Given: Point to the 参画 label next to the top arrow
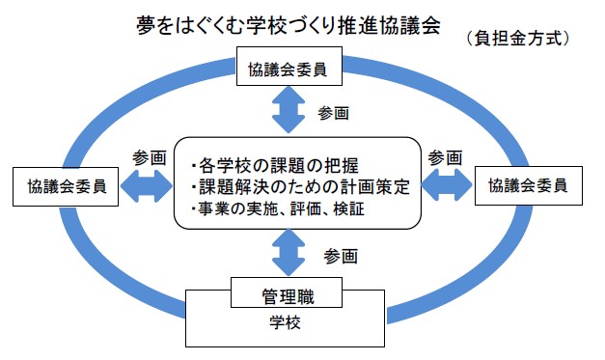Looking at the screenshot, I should (333, 113).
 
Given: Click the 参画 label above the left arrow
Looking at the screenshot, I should (149, 157).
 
